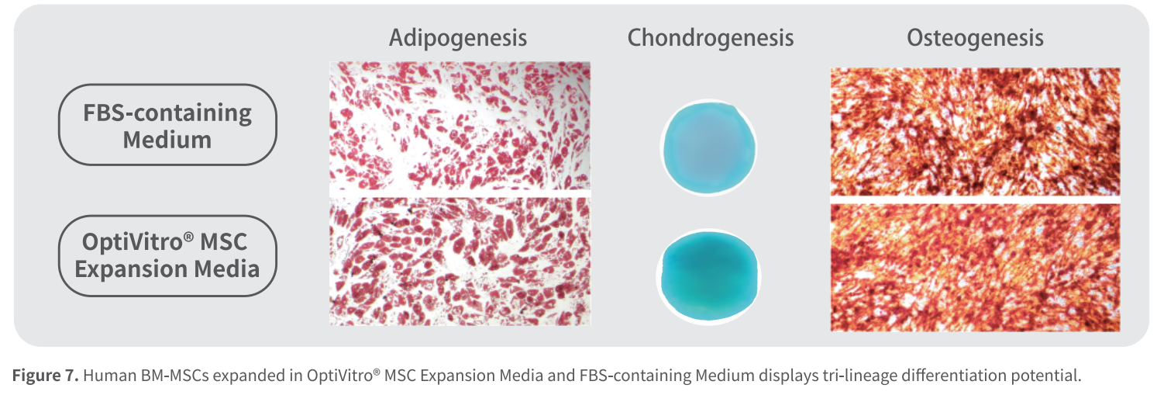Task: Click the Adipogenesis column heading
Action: pos(458,38)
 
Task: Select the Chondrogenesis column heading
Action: pos(710,38)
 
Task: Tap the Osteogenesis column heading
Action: pos(975,38)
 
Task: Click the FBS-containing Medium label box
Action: pos(167,125)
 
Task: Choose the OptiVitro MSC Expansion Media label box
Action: pos(167,255)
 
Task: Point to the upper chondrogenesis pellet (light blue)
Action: pos(708,148)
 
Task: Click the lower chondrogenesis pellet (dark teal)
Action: pos(708,277)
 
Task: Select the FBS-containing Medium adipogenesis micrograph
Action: pos(460,126)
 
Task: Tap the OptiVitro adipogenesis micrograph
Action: pos(460,262)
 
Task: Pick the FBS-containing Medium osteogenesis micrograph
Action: pos(975,131)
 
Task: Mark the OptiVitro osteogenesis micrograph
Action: pos(975,268)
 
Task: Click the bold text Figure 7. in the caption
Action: pos(46,375)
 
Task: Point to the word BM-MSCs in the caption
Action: pos(174,375)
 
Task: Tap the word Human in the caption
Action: pos(109,375)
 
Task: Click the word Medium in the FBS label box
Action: pos(167,140)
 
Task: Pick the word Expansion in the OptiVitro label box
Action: pos(131,269)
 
